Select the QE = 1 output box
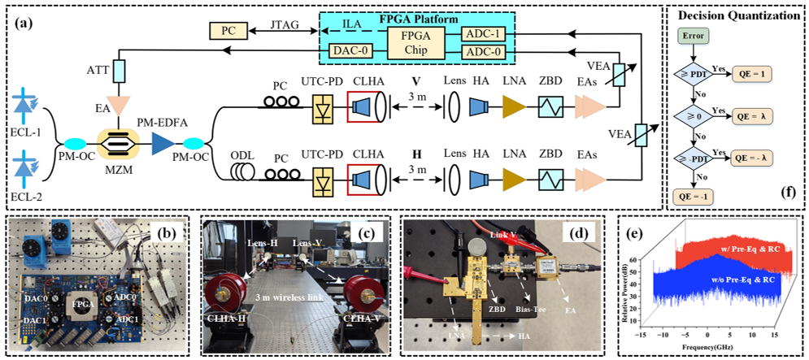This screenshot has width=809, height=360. (755, 74)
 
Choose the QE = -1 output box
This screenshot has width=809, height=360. (694, 196)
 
